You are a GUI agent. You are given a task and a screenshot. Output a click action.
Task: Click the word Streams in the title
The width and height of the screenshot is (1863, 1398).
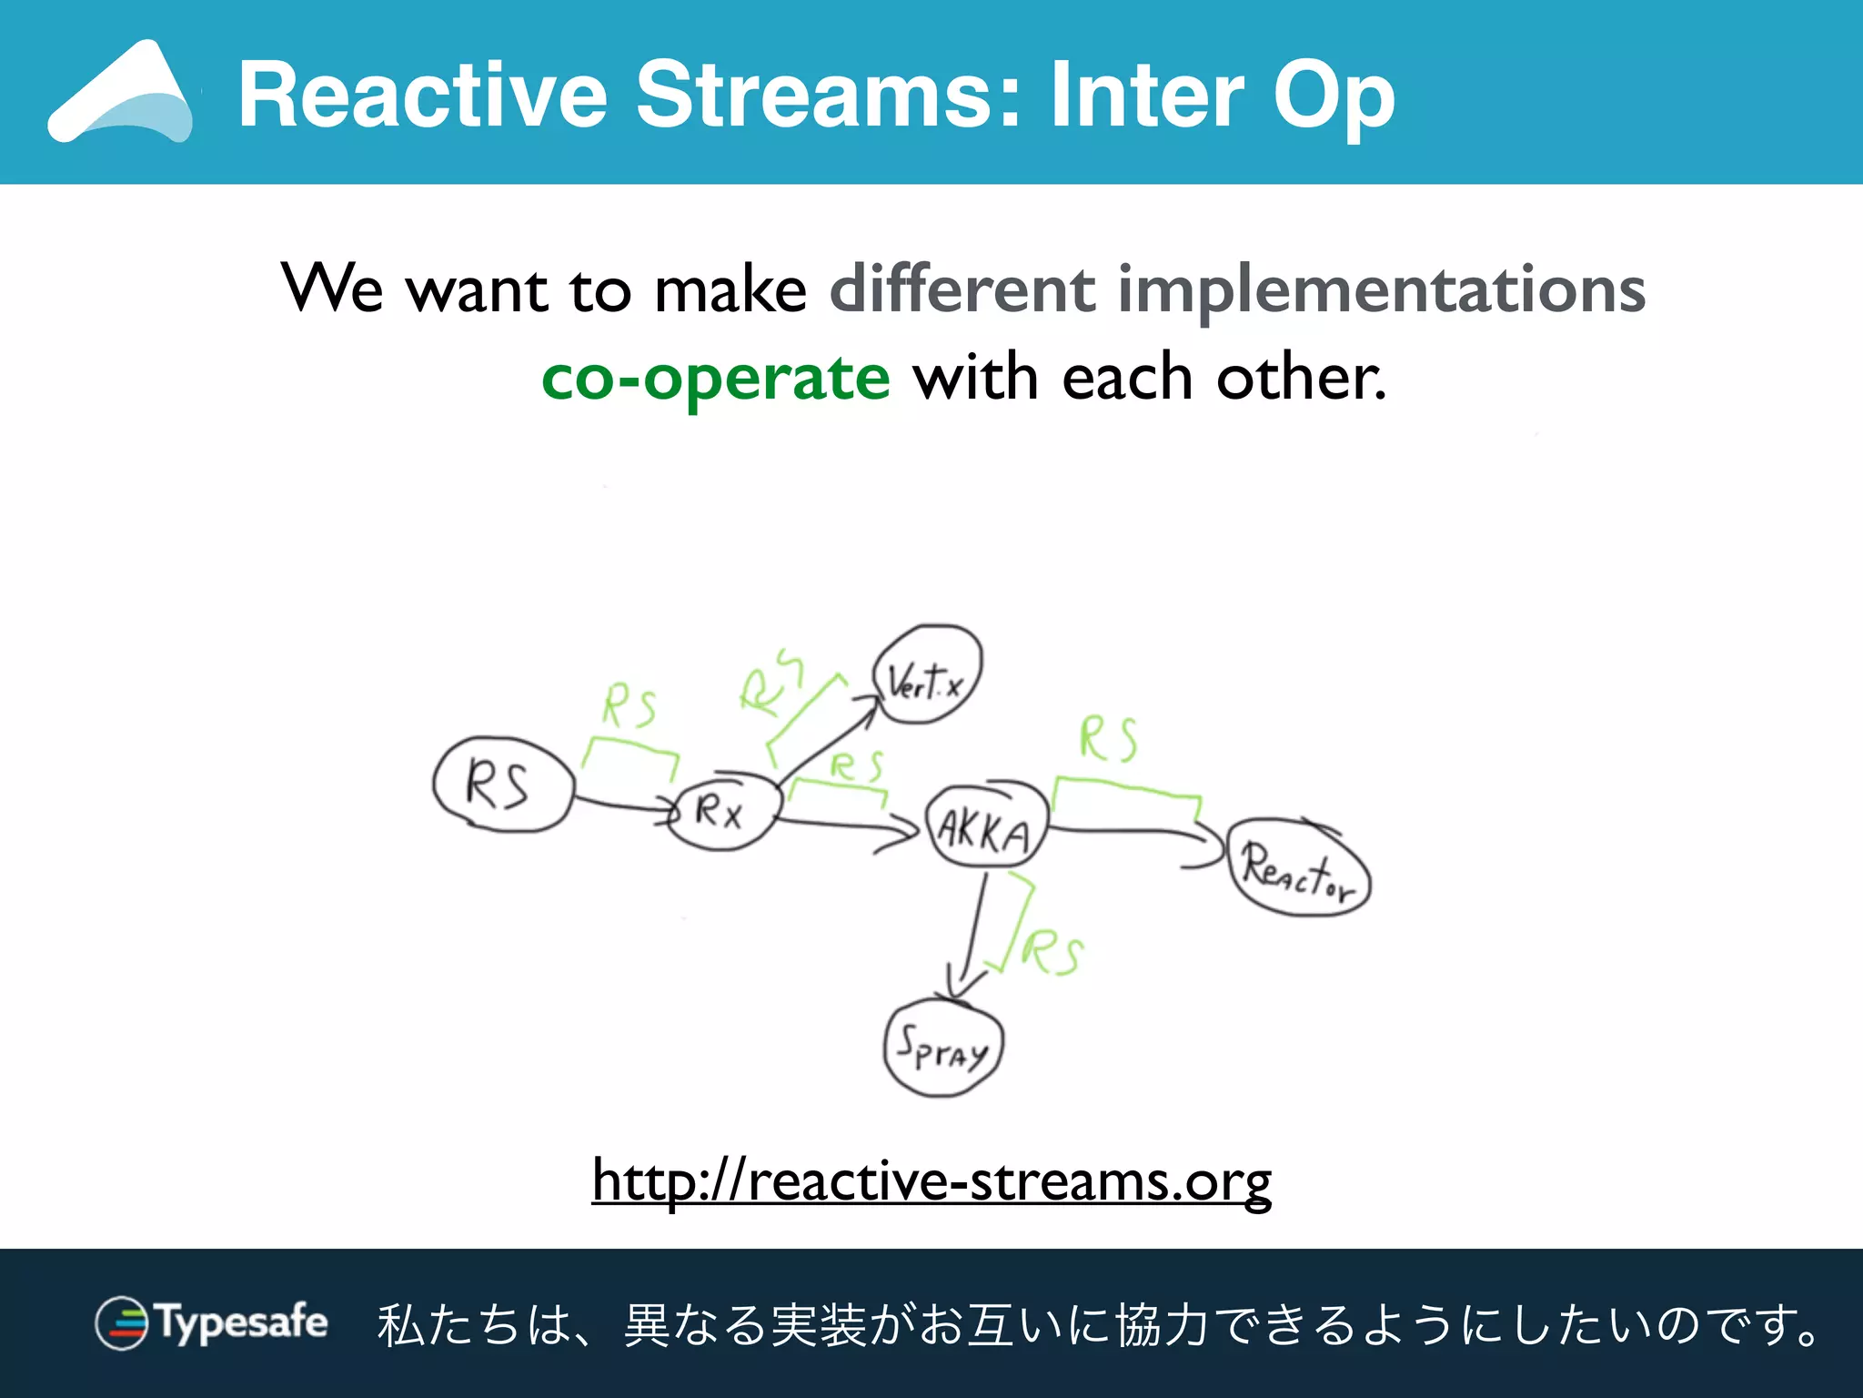click(x=828, y=95)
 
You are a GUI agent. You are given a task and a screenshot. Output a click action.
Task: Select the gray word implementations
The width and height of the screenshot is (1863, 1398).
click(x=1381, y=289)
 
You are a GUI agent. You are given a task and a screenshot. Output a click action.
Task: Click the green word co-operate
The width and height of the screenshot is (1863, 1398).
click(x=715, y=378)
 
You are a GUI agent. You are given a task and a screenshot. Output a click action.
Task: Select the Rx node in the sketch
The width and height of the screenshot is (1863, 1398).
click(x=723, y=810)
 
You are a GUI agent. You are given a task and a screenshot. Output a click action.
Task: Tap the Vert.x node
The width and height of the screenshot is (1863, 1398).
click(x=927, y=675)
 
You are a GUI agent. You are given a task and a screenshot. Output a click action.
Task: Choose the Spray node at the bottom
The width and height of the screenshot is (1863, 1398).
click(x=942, y=1048)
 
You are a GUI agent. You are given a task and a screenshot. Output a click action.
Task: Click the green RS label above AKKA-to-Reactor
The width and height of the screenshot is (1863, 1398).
click(x=1107, y=738)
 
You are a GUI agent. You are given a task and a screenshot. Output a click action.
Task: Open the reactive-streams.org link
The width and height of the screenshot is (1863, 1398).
click(x=931, y=1180)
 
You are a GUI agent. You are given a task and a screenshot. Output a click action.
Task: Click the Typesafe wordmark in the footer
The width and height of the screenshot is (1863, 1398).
click(x=242, y=1322)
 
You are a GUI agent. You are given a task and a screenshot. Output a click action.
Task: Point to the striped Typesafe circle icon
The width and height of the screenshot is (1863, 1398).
click(x=121, y=1322)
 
